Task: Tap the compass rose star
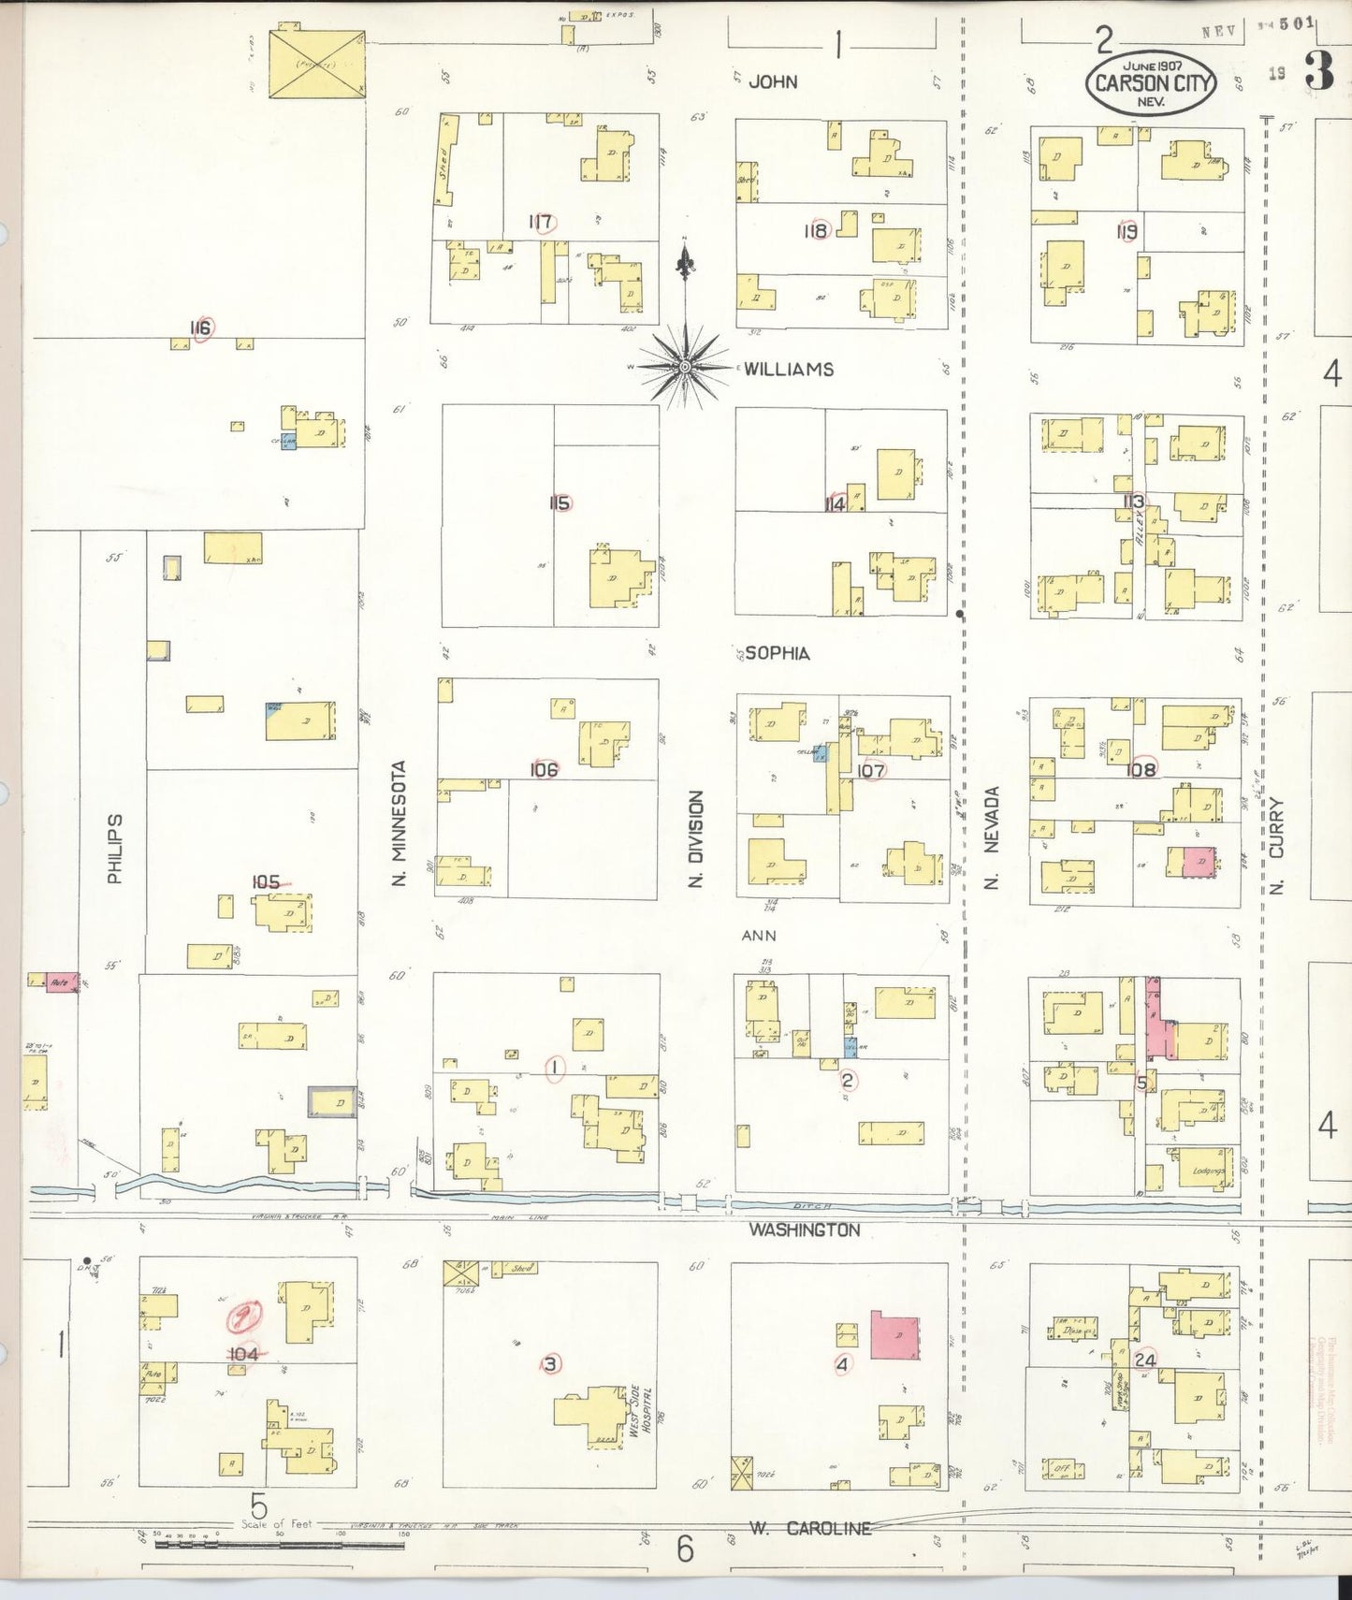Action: click(x=685, y=366)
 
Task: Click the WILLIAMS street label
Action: click(x=788, y=370)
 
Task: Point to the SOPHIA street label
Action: click(x=777, y=653)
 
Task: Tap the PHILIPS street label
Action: click(x=115, y=848)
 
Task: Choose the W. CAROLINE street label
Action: click(x=809, y=1528)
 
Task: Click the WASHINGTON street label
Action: click(x=803, y=1230)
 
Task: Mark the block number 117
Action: click(x=540, y=223)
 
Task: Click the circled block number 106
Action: click(x=544, y=769)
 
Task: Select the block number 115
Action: click(x=560, y=503)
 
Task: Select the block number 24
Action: click(x=1144, y=1360)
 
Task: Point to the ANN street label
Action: click(x=759, y=935)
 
